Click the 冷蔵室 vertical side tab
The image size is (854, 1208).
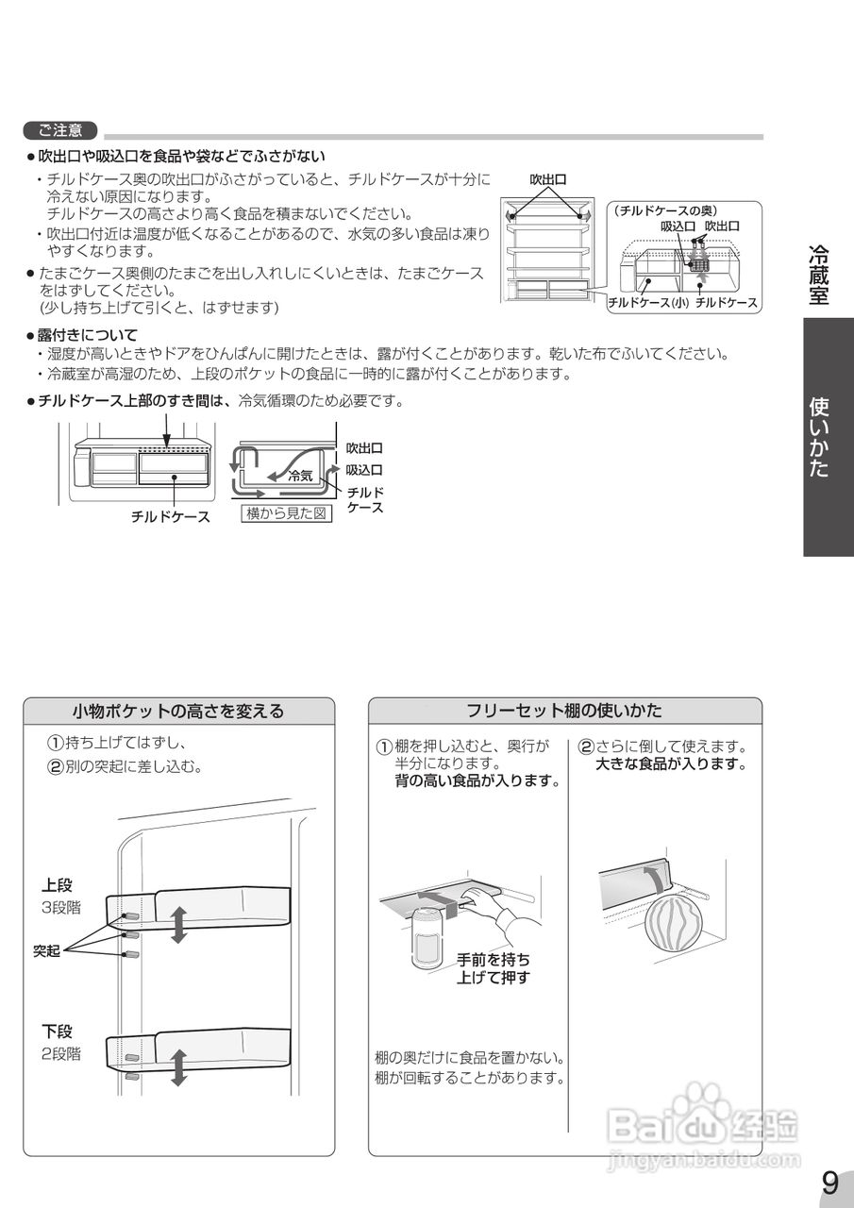tap(819, 274)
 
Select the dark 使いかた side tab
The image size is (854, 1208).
tap(819, 436)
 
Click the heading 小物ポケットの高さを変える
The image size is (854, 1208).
tap(178, 711)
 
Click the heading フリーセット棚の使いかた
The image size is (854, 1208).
tap(564, 711)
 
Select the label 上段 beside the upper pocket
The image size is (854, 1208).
tap(57, 885)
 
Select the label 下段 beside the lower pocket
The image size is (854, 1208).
tap(57, 1032)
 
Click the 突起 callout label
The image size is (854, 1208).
tap(47, 951)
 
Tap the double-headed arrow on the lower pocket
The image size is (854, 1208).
tap(178, 1065)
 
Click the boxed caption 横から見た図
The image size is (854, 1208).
tap(287, 514)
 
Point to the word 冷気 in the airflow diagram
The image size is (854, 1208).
tap(300, 477)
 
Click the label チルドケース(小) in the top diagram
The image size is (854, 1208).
tap(647, 303)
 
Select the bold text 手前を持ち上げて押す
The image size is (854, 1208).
tap(493, 968)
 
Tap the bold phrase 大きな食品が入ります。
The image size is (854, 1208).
tap(671, 763)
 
